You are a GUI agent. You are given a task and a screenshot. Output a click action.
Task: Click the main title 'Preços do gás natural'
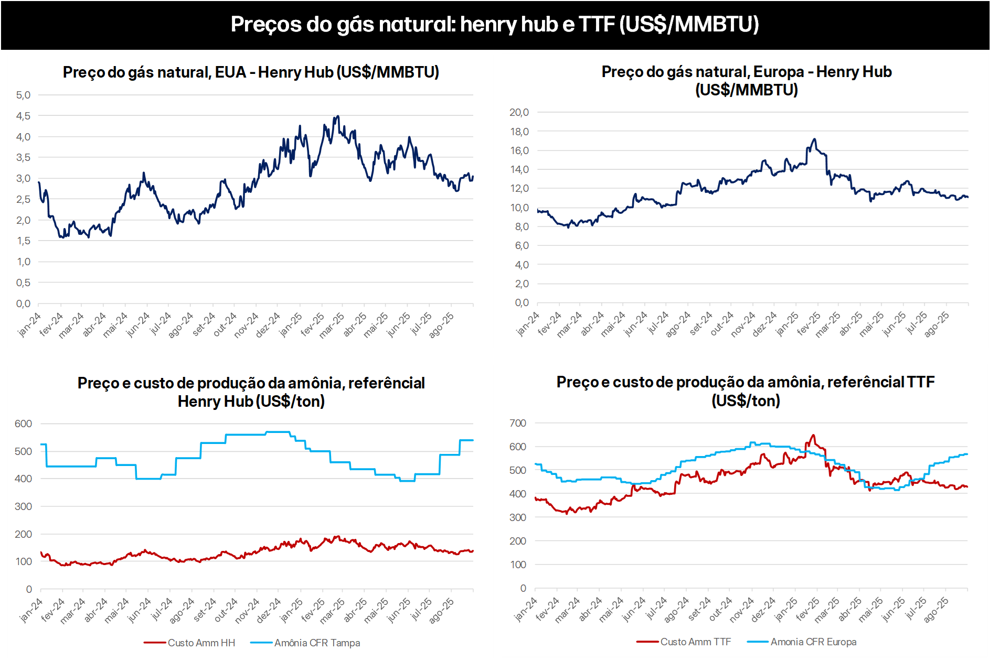pos(495,24)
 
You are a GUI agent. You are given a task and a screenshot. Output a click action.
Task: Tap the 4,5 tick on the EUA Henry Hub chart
pos(23,116)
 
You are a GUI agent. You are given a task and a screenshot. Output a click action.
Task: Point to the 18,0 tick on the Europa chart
pos(519,132)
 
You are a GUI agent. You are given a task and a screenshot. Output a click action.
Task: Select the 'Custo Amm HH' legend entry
pos(201,643)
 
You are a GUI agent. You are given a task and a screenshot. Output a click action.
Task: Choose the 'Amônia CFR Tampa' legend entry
pos(317,643)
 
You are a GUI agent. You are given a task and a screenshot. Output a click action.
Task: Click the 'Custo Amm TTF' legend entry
pos(695,642)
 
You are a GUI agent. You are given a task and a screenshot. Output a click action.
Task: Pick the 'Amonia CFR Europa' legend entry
pos(813,642)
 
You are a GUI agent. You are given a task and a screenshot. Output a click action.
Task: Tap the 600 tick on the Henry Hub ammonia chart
pos(23,424)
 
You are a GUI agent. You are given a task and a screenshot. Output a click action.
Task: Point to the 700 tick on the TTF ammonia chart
pos(518,423)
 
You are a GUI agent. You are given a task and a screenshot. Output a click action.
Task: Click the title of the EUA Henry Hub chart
pos(251,72)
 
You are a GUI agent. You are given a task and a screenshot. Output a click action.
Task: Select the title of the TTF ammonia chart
pos(746,391)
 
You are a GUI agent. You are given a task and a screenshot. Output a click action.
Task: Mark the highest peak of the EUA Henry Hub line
pos(337,116)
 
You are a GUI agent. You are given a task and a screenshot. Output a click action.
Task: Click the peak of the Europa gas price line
pos(814,139)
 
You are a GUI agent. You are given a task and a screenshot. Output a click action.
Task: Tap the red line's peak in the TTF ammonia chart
pos(813,435)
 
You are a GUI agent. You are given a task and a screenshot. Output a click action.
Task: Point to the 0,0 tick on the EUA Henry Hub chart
pos(23,304)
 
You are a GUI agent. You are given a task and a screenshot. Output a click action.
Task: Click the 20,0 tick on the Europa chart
pos(519,112)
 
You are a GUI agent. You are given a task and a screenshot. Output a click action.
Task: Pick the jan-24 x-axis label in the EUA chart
pos(29,324)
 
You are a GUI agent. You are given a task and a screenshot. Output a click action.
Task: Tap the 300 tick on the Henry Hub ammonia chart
pos(23,506)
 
